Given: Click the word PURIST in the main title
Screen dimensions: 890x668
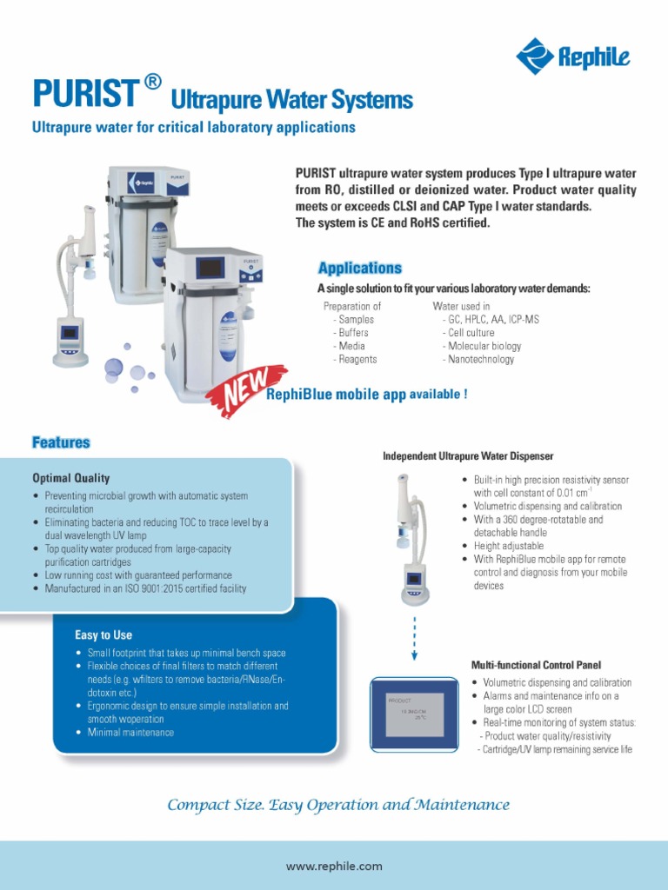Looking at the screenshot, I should [84, 93].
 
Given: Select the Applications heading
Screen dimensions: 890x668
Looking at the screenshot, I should [359, 269].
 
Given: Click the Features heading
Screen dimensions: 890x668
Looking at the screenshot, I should [61, 442].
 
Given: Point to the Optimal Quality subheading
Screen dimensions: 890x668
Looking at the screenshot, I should [71, 478].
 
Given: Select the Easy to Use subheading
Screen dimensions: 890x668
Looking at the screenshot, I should [104, 635].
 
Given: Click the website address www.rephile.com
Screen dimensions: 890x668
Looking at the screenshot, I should [334, 866].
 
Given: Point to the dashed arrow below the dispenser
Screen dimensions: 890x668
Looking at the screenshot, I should [415, 636].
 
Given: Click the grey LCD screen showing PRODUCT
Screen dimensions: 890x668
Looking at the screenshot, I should [414, 714].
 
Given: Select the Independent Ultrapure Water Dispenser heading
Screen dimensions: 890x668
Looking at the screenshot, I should [468, 456].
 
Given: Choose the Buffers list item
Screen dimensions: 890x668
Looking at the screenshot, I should [352, 333].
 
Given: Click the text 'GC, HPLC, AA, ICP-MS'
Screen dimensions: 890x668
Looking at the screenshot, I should [492, 320].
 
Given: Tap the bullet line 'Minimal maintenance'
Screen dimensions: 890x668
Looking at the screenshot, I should [130, 733].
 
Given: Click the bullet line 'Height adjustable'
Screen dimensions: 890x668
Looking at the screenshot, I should [508, 546].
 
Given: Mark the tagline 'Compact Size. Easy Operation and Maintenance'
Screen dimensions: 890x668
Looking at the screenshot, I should [338, 805].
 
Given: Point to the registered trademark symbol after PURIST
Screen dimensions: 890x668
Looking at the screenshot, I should [152, 82].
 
